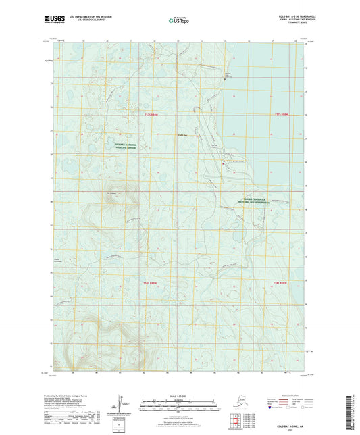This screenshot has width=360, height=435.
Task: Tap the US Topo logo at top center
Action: (179, 20)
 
